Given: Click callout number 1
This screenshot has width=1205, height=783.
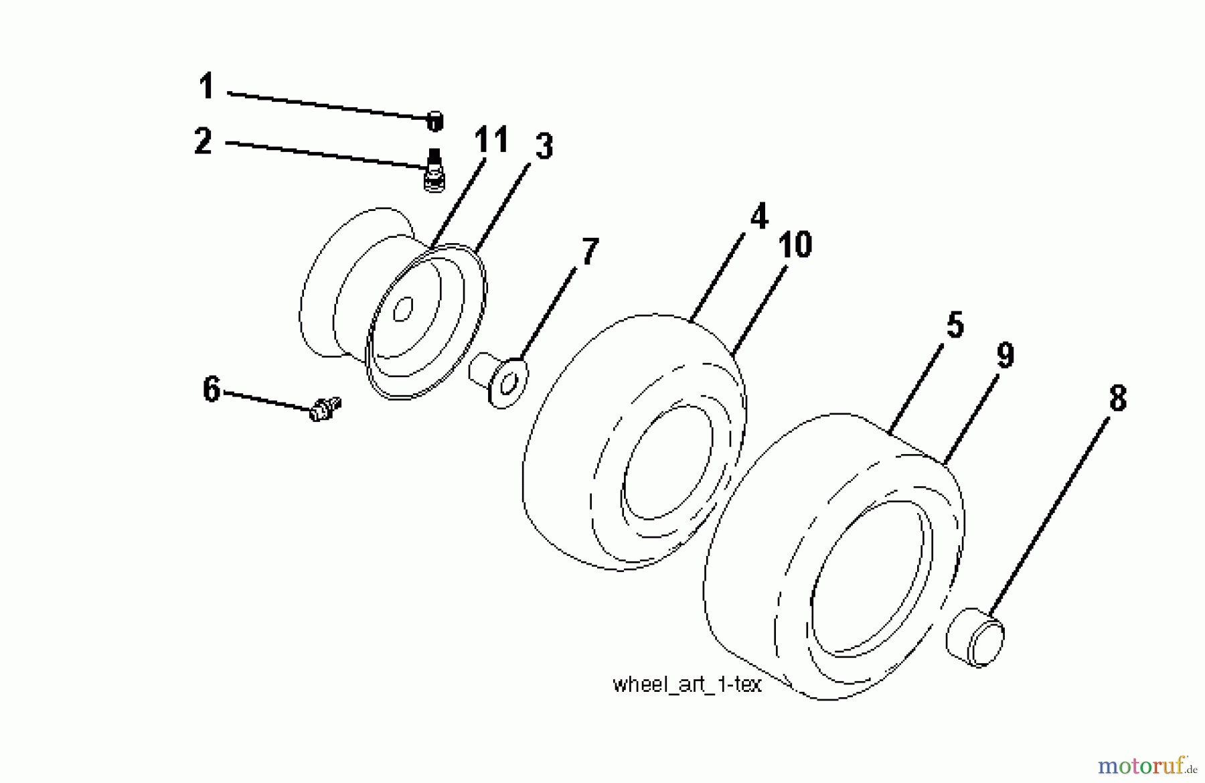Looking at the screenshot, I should tap(206, 87).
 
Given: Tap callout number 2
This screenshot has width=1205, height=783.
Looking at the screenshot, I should tap(204, 142).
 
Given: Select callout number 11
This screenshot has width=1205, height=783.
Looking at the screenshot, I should tap(491, 141).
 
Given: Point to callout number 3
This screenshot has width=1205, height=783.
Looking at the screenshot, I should tap(544, 147).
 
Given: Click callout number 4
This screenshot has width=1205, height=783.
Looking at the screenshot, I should tap(758, 216).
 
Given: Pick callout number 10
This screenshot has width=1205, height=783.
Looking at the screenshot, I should tap(795, 245).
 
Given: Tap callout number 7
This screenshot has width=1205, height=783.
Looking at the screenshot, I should tap(588, 252).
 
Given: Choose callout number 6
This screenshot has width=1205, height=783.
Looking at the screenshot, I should tap(212, 389).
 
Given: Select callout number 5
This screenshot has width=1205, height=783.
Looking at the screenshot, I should tap(954, 326).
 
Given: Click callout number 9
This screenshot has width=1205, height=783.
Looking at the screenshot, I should tap(1005, 355).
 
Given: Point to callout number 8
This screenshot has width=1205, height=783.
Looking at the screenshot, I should tap(1117, 399).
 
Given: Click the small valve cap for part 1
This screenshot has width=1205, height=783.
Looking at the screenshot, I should tap(434, 121).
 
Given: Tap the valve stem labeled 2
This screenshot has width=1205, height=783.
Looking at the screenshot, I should tap(434, 171).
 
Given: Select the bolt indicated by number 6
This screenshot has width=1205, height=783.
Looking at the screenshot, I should tap(325, 408).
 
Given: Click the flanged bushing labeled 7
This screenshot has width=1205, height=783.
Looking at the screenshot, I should tap(501, 380).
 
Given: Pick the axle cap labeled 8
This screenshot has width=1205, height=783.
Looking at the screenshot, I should tap(975, 637).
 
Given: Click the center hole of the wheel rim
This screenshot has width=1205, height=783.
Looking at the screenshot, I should tap(402, 309).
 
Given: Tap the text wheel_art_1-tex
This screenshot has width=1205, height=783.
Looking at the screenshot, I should tap(687, 685).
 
